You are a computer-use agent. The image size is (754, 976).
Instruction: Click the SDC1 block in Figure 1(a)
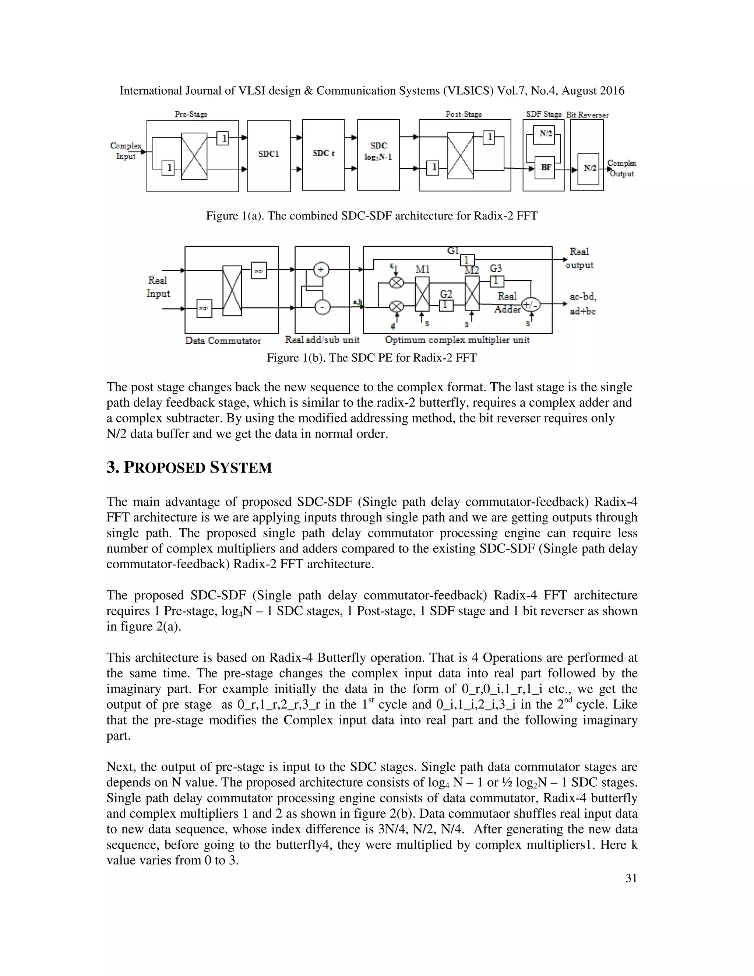268,155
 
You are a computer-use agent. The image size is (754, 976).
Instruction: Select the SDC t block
323,154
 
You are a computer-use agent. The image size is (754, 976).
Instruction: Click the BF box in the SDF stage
545,168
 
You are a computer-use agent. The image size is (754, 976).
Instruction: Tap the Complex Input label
126,151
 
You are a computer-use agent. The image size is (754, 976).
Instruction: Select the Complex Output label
621,168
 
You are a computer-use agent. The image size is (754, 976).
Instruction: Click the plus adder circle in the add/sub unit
321,270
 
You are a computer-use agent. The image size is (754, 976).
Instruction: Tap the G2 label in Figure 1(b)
445,294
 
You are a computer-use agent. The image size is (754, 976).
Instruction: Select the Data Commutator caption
223,341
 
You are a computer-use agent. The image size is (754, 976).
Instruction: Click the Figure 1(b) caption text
371,358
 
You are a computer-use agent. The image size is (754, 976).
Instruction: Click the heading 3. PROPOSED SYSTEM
189,467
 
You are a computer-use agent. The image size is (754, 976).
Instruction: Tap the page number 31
631,878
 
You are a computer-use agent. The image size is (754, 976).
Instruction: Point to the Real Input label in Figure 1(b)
158,287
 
